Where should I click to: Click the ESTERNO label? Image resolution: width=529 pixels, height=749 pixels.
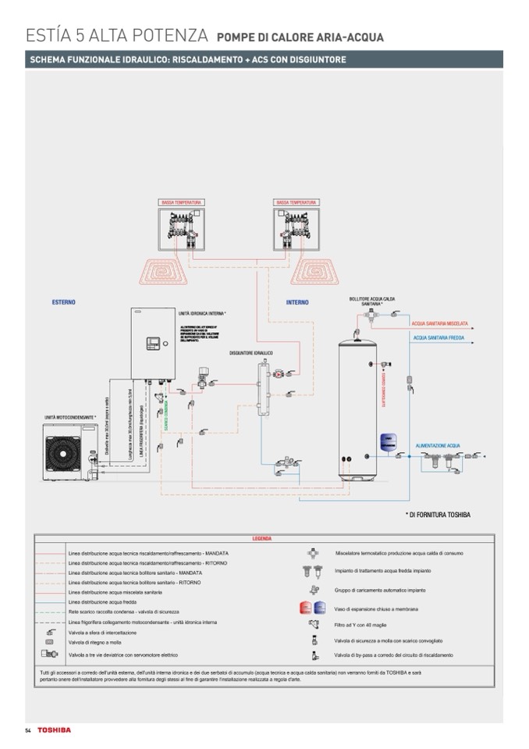click(x=64, y=301)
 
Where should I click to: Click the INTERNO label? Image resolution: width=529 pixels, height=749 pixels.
click(x=297, y=302)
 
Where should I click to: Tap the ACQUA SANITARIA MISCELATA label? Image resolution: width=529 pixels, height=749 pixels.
click(x=440, y=323)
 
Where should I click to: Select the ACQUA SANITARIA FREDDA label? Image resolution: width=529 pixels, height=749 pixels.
click(x=439, y=338)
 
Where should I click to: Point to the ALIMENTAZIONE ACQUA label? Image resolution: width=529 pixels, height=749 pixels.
click(x=438, y=444)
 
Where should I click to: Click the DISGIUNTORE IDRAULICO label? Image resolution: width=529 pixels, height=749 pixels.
click(x=250, y=353)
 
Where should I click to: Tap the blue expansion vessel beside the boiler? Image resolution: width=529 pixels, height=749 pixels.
click(x=385, y=441)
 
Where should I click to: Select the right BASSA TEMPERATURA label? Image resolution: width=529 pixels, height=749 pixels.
click(x=295, y=202)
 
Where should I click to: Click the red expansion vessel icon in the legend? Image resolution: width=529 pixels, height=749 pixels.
click(x=306, y=608)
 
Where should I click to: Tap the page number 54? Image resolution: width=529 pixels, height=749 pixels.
click(x=27, y=729)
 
